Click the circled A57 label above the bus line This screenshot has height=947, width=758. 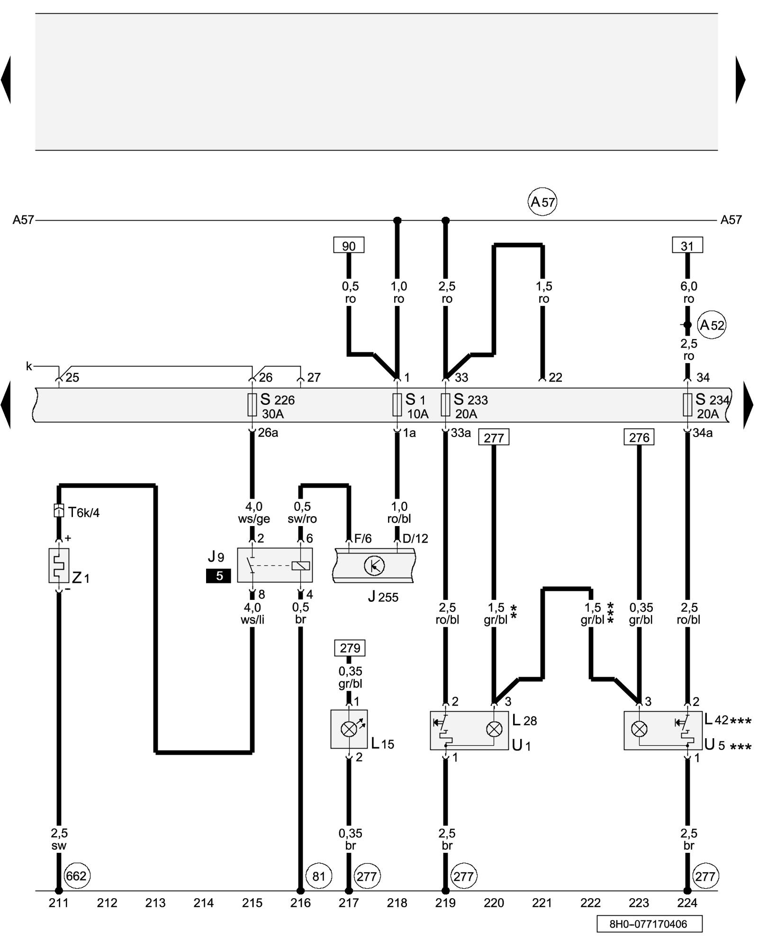(542, 202)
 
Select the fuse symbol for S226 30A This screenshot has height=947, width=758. (252, 405)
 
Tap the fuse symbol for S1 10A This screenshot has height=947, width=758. (397, 405)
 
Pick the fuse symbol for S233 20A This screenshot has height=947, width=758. (445, 405)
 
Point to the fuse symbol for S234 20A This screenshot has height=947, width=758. (687, 405)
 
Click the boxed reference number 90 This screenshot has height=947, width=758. (349, 246)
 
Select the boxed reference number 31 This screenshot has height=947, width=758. (687, 246)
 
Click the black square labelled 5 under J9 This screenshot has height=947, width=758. (219, 576)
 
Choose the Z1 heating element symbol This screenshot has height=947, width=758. (59, 565)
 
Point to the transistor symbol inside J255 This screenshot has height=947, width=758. (374, 565)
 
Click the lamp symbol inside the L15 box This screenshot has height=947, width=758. (349, 729)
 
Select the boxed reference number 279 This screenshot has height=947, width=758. (350, 648)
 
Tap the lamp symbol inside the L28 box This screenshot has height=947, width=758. (494, 729)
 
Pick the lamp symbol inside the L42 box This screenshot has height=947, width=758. (640, 729)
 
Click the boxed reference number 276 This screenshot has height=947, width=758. (639, 438)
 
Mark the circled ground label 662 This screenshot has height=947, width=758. (76, 876)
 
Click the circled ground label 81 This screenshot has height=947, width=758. (318, 876)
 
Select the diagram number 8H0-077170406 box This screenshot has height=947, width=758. (649, 924)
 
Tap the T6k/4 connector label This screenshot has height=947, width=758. (83, 512)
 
